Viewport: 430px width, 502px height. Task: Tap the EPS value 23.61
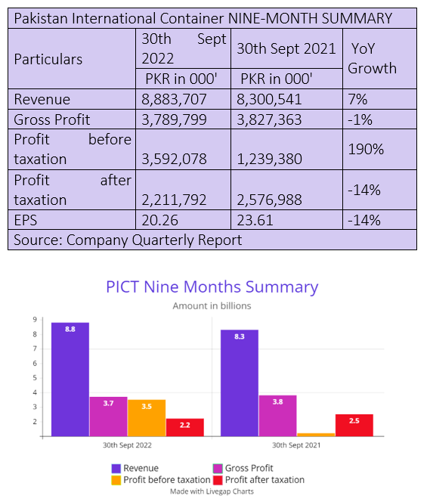pos(255,220)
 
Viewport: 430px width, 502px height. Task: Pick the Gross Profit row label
pos(52,119)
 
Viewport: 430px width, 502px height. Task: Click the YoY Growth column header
pos(372,58)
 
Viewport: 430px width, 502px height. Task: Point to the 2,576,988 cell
pos(269,200)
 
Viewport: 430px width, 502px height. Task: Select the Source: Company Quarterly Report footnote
pos(128,240)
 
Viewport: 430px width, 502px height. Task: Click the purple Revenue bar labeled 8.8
pos(70,380)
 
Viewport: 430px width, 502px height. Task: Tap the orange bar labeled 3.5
pos(147,418)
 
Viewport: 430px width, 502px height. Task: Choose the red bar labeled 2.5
pos(354,425)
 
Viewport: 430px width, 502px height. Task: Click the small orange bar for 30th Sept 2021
pos(316,435)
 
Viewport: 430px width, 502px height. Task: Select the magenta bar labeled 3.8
pos(277,416)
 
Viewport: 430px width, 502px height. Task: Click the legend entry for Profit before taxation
pos(161,480)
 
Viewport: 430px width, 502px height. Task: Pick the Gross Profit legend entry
pos(243,468)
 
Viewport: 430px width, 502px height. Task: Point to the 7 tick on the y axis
pos(35,349)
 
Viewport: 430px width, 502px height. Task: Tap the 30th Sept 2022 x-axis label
pos(127,445)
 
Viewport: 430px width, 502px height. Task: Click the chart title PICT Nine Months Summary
pos(212,287)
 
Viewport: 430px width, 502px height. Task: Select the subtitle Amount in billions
pos(212,306)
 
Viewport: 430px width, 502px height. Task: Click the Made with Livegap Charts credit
pos(212,491)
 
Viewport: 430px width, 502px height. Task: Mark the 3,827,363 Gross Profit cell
pos(269,119)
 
